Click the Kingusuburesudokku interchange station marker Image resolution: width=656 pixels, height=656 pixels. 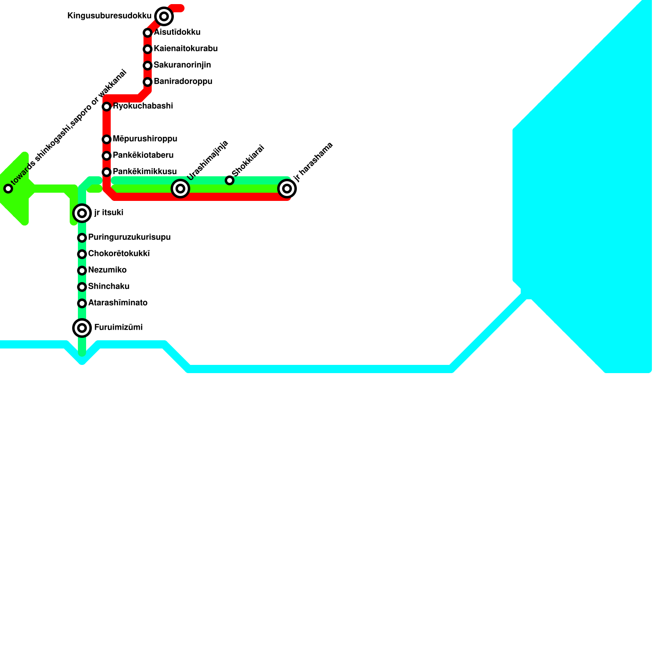[164, 16]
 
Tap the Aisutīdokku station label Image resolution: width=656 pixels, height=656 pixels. [177, 32]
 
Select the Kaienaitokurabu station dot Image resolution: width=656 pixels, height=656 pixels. [148, 49]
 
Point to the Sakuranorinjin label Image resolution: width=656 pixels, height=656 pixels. [182, 65]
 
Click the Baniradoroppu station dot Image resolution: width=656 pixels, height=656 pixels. [148, 82]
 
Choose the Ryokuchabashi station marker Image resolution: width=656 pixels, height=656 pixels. [107, 107]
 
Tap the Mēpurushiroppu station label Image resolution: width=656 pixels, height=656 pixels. [145, 139]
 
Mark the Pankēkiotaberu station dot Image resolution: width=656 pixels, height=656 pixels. [107, 156]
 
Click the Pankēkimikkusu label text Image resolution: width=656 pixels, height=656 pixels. [145, 172]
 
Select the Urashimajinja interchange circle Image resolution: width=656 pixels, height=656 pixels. [180, 189]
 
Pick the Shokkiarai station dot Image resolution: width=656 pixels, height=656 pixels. [230, 180]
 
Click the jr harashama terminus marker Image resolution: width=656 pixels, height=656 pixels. [287, 189]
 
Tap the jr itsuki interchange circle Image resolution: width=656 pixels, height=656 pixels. [82, 213]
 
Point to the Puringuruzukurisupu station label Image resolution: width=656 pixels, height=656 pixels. [129, 237]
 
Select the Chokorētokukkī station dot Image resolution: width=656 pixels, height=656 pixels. [82, 254]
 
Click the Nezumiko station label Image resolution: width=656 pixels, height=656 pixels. [107, 270]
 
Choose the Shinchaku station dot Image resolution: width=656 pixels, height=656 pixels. [82, 287]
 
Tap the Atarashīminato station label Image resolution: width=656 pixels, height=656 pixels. [118, 303]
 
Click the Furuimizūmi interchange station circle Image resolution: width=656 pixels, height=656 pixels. [82, 328]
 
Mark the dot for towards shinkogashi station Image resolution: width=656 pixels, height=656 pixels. [8, 189]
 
